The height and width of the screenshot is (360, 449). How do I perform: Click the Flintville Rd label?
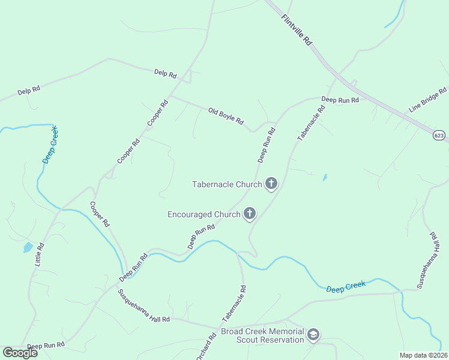297,30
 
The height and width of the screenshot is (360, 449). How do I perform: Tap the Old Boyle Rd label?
226,116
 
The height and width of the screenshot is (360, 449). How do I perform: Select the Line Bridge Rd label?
428,100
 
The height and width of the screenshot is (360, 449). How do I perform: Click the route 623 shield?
439,136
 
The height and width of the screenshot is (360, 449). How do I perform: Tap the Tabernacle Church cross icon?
271,184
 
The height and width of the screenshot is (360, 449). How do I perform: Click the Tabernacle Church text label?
227,184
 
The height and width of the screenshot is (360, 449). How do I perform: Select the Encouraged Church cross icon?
249,214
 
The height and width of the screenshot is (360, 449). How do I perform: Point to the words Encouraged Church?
203,214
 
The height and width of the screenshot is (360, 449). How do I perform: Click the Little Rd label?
40,254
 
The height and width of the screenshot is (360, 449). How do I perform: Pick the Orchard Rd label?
206,347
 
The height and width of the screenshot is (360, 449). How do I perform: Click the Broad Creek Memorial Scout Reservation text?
262,335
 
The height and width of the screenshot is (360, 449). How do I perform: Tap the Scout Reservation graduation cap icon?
313,335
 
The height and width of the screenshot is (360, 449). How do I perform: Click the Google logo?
20,353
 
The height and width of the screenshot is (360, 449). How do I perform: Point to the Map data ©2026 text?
424,355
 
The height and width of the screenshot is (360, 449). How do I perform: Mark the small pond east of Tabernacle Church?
325,178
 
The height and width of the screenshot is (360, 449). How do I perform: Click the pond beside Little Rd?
28,247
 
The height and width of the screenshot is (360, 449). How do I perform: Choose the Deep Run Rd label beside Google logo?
46,346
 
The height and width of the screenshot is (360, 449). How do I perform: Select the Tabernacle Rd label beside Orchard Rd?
234,302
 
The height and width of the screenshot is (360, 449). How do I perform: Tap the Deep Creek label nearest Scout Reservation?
346,287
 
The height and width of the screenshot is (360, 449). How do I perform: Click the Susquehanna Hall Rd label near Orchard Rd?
143,306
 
